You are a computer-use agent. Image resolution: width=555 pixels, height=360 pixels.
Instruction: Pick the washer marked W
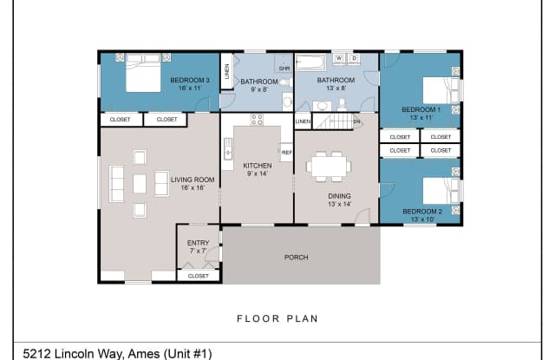click(339, 59)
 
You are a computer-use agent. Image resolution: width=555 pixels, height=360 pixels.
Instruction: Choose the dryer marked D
click(355, 59)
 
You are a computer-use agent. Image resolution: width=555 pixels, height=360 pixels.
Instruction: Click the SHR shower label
click(284, 68)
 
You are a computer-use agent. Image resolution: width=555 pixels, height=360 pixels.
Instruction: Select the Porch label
click(297, 257)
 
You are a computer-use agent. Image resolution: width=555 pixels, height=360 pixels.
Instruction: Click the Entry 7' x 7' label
click(198, 247)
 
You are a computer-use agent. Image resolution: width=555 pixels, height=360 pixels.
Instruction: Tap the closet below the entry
click(198, 276)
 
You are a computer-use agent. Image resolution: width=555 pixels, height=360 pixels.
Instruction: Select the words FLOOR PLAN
click(277, 318)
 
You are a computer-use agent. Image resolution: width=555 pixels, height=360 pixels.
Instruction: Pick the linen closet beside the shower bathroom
click(225, 71)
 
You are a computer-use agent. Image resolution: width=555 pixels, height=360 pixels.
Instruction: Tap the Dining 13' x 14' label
click(339, 200)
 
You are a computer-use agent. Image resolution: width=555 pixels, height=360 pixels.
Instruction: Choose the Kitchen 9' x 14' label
click(257, 170)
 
